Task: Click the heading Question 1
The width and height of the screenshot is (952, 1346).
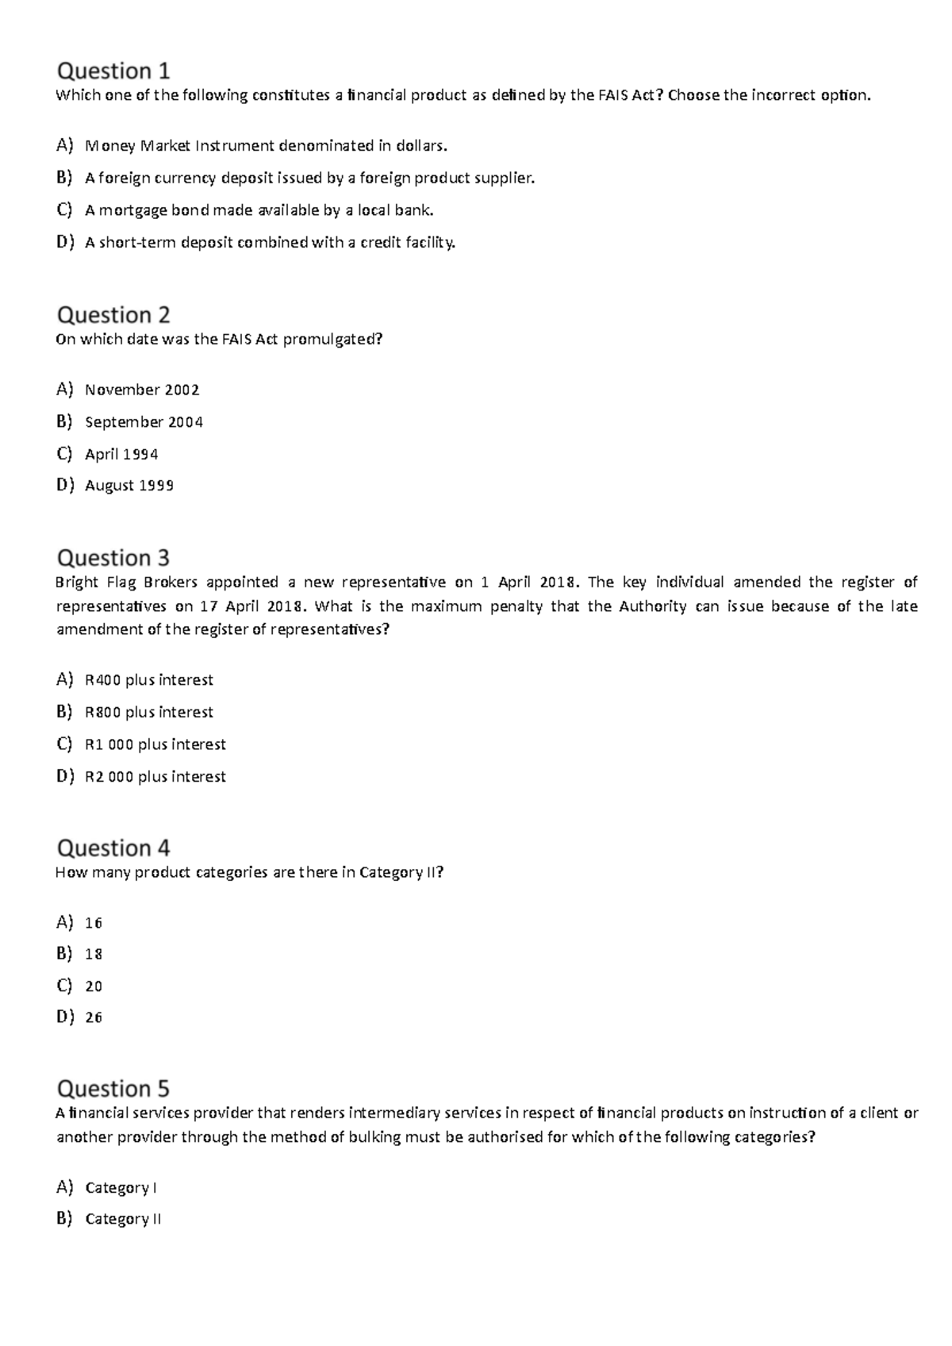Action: click(x=113, y=71)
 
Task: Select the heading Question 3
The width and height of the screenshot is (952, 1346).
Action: click(x=113, y=558)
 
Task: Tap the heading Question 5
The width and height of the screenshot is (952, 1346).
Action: click(x=113, y=1088)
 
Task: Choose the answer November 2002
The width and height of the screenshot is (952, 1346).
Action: click(x=142, y=390)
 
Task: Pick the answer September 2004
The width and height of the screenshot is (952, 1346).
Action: click(x=144, y=422)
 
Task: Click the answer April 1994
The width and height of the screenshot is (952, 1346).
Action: click(x=121, y=454)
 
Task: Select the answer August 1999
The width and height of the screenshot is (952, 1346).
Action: click(x=129, y=486)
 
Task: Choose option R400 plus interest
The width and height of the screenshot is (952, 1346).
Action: click(x=148, y=680)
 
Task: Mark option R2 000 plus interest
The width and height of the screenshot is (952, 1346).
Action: click(x=155, y=777)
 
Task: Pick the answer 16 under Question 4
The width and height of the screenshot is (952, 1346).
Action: click(x=94, y=923)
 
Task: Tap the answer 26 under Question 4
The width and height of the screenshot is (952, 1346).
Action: click(x=94, y=1017)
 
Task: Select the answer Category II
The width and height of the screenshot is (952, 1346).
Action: click(x=123, y=1219)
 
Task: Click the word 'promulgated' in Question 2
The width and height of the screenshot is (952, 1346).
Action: click(x=332, y=340)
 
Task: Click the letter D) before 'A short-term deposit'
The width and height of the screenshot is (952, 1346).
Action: click(x=64, y=242)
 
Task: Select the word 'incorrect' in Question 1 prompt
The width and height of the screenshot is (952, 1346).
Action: click(x=784, y=96)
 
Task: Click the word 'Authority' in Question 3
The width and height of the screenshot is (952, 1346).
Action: click(x=652, y=606)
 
